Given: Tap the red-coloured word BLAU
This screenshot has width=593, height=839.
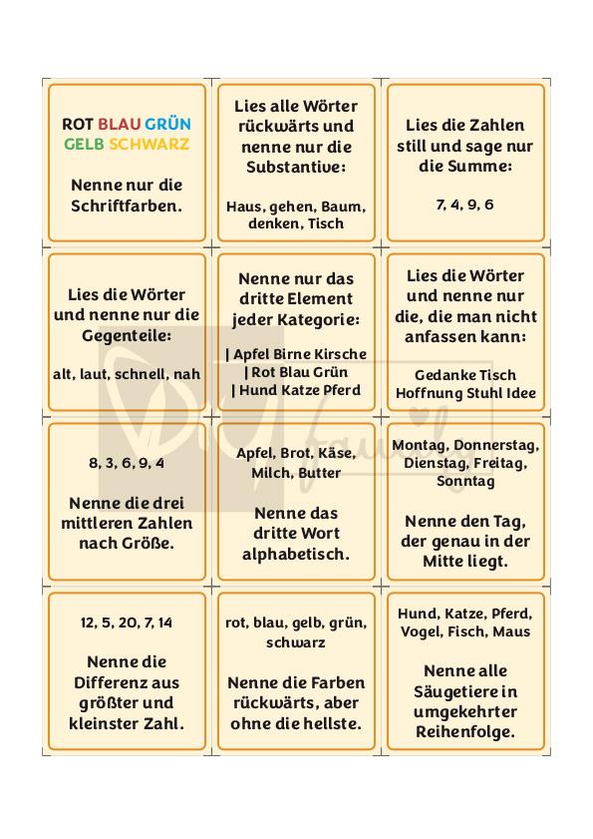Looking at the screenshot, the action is [x=120, y=124].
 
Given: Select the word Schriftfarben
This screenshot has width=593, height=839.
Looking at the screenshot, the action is [x=127, y=206].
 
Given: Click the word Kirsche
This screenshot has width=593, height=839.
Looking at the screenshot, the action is [x=342, y=354].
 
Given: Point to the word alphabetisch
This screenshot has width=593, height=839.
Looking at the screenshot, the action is [x=296, y=554].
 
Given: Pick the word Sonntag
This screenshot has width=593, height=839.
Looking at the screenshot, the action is [x=465, y=481].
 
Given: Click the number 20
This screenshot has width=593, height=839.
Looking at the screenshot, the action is [x=129, y=623].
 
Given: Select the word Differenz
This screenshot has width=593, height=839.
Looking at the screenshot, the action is [x=127, y=682].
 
